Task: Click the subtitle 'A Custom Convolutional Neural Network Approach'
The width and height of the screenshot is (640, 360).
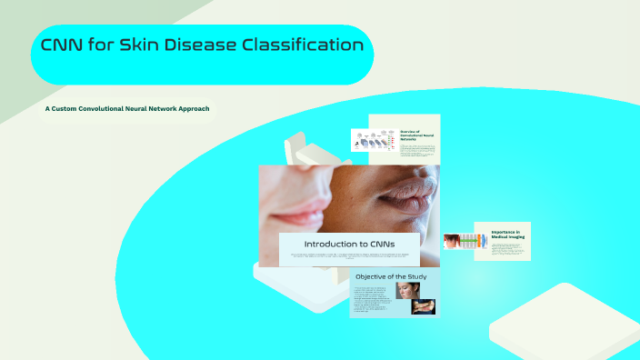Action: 127,109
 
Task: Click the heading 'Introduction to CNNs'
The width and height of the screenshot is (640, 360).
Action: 349,245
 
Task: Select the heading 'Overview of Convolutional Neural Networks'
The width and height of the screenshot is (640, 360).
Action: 415,135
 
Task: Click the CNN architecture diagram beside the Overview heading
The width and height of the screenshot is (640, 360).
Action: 374,140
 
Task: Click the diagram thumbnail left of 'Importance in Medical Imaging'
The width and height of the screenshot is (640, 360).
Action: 464,241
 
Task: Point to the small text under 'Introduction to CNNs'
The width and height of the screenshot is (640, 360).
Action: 349,257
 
